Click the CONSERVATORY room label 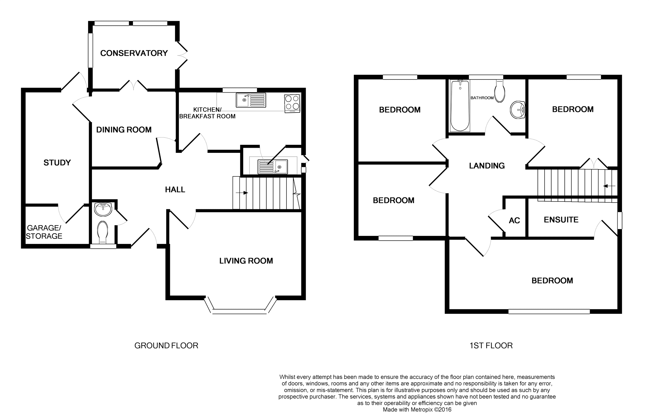coord(134,53)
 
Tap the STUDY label coord(57,163)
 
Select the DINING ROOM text coord(124,130)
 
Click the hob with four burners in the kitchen coord(292,103)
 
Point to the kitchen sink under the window coord(251,100)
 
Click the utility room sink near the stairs coord(273,167)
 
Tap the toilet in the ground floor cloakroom coord(103,231)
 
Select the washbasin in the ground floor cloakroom coord(103,209)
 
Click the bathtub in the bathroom coord(460,106)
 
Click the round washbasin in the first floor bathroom coord(517,110)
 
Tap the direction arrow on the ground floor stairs coord(242,193)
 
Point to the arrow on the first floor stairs coord(609,186)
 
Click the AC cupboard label coord(514,220)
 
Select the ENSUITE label coord(561,220)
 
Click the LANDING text coord(487,166)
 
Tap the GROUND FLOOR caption coord(166,345)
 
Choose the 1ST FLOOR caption coord(491,345)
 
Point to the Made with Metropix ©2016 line coord(417,410)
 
